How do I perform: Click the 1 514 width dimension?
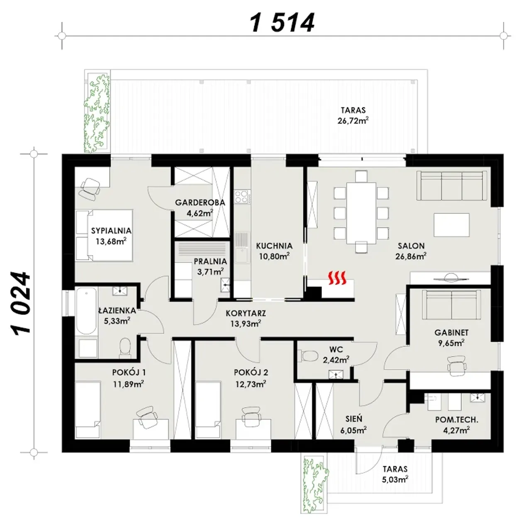(x=282, y=23)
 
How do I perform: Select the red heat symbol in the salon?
(x=337, y=278)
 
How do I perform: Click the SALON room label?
(x=411, y=245)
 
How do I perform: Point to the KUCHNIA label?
(x=274, y=245)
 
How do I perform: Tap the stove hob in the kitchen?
(x=243, y=196)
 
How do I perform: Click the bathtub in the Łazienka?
(x=86, y=311)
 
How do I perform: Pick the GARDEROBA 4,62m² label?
(x=200, y=208)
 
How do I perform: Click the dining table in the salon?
(x=361, y=213)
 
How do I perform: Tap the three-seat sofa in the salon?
(x=452, y=185)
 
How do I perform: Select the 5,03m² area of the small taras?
(x=395, y=479)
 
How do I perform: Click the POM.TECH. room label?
(x=457, y=420)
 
